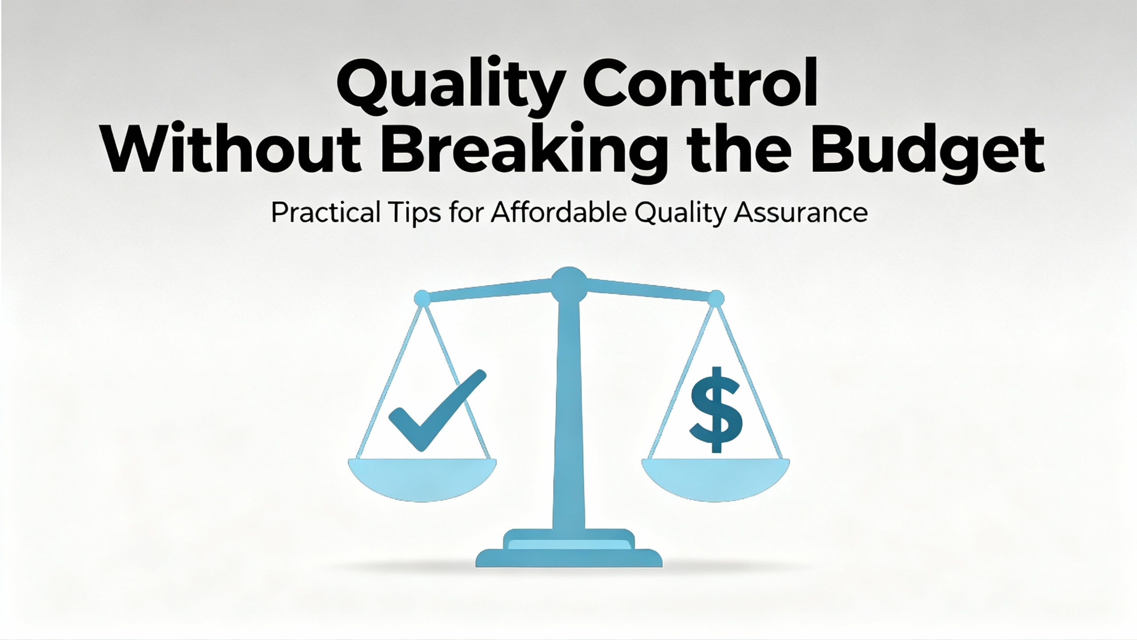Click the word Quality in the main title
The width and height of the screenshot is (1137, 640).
click(x=447, y=87)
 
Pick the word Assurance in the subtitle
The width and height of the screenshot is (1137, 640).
click(x=800, y=213)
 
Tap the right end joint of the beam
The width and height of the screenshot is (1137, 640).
click(x=716, y=298)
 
